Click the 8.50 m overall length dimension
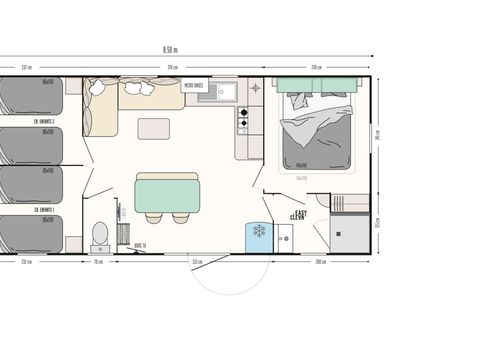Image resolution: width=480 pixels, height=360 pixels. point(170,49)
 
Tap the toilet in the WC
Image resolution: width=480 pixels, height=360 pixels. point(100,235)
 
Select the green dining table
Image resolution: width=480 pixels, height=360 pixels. point(167,190)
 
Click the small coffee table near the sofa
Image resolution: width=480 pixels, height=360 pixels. point(154,128)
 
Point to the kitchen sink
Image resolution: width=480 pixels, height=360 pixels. point(223,93)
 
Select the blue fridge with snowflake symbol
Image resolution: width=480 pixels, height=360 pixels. point(258,233)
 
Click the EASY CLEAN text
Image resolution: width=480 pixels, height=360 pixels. point(298,215)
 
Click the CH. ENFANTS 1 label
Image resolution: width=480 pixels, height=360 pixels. point(42,210)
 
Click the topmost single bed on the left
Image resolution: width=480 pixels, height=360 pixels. point(30,96)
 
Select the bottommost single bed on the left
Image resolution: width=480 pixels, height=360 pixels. point(30,233)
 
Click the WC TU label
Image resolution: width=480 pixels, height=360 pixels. point(138,243)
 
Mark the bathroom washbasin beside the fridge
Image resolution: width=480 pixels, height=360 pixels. point(283,236)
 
